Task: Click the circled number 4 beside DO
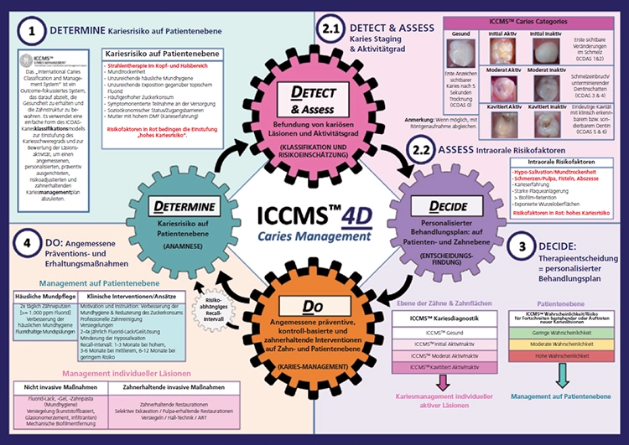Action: coord(29,267)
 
